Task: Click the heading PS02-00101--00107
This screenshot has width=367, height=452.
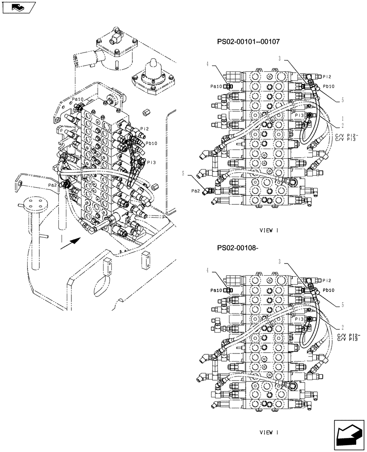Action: pos(248,42)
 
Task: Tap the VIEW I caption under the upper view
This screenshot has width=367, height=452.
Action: pos(269,231)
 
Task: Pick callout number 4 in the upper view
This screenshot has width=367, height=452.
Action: pos(208,64)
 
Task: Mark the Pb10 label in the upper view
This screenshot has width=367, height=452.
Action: pos(329,86)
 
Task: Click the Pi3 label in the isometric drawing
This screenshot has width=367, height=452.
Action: pos(151,162)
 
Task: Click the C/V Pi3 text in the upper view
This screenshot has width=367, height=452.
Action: pos(347,140)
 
